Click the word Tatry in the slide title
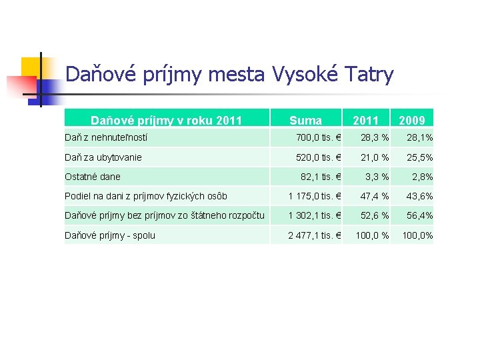coord(369,74)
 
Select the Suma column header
coord(305,121)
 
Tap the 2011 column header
coord(365,121)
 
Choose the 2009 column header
coord(412,121)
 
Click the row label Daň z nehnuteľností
coord(106,138)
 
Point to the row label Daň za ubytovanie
coord(103,157)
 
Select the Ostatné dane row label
coord(93,177)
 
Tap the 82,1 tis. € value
coord(321,177)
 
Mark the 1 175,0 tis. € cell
coord(315,196)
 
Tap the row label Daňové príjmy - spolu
coord(110,235)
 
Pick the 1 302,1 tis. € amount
coord(315,215)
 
